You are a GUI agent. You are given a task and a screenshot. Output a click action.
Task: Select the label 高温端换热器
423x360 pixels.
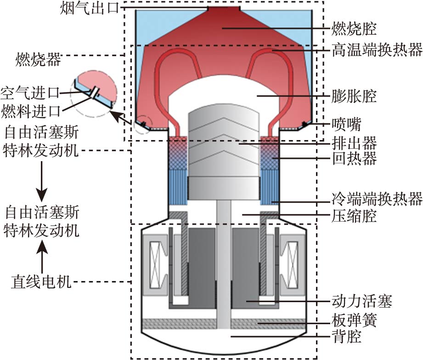377,50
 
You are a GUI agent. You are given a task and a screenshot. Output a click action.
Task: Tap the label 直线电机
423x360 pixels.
41,281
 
